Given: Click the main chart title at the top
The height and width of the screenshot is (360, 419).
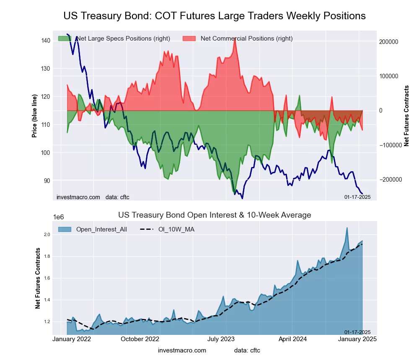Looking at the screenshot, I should (215, 16).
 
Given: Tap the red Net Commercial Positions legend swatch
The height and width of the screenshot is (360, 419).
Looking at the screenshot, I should (189, 39).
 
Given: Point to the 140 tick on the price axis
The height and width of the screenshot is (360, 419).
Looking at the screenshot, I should (46, 40).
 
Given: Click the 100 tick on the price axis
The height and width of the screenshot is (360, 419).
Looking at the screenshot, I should (46, 152).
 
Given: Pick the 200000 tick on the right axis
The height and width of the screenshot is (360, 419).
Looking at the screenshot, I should (388, 42).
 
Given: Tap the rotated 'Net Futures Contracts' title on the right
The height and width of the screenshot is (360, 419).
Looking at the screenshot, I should (406, 116).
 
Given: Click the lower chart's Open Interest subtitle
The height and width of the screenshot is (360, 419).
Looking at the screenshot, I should (215, 215).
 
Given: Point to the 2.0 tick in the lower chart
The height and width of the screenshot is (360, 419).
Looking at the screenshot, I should (47, 234).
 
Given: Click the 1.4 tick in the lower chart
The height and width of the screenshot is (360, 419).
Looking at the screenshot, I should (47, 300).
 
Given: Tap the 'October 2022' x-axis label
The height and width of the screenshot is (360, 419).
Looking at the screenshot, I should (140, 339).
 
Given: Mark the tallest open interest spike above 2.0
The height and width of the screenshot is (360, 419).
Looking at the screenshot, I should (347, 228).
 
